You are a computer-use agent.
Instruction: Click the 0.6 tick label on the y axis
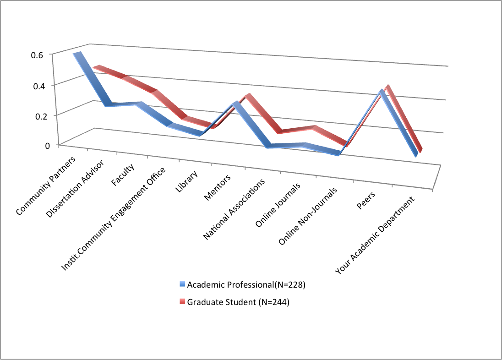tap(37, 54)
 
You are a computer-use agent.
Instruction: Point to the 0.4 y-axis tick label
tap(37, 85)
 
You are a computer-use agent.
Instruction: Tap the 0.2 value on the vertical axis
tap(37, 115)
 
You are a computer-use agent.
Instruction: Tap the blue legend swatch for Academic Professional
tap(182, 285)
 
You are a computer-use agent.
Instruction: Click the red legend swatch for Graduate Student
tap(182, 302)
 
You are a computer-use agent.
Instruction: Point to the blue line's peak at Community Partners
tap(78, 55)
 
